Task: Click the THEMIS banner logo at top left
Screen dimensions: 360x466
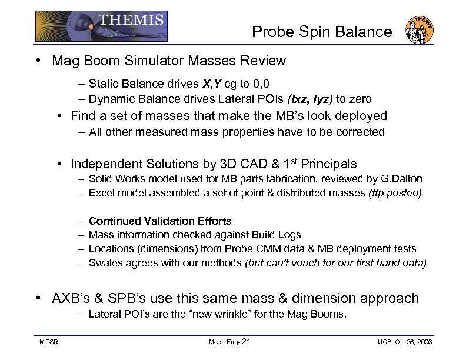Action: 101,26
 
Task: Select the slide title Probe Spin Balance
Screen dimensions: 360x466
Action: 322,32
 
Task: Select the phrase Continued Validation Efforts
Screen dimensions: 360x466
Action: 160,221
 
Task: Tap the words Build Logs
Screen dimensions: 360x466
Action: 277,235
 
